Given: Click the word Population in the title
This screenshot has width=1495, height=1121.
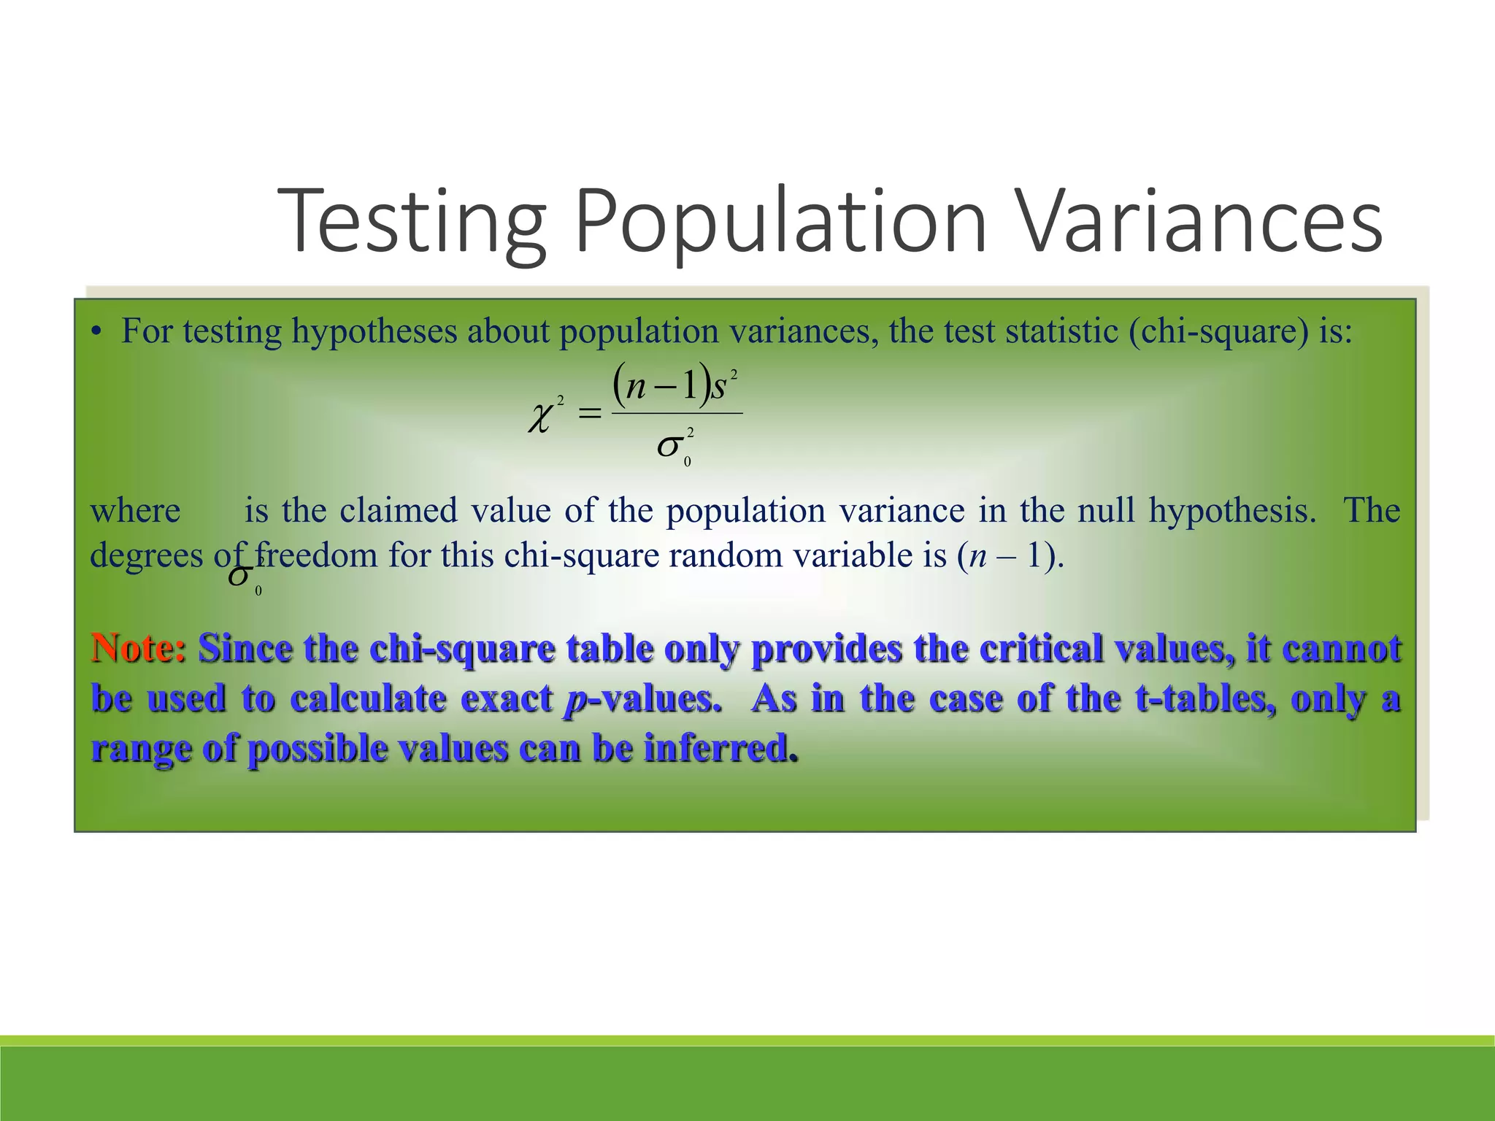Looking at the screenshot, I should tap(780, 220).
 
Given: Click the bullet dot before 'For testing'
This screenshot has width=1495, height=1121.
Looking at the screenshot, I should tap(96, 333).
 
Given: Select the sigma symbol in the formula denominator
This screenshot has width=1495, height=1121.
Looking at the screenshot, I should tap(670, 445).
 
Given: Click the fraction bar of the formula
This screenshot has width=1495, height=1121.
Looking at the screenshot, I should tap(677, 413).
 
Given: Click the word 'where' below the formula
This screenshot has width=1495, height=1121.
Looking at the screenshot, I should tap(135, 510).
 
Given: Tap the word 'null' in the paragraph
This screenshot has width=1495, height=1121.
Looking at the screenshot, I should tap(1106, 510).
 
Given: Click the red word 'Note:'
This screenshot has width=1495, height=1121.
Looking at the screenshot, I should tap(138, 648).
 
